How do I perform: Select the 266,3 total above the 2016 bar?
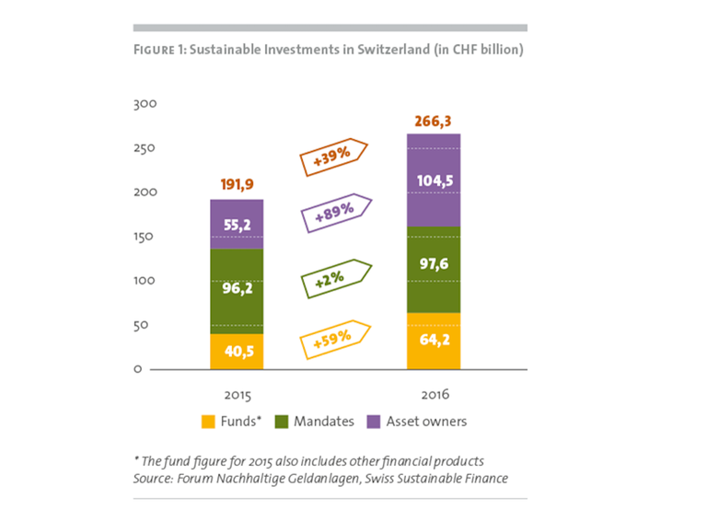(434, 121)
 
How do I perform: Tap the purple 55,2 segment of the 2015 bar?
(237, 224)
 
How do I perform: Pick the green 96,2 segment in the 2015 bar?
(237, 287)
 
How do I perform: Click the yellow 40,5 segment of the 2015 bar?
(237, 351)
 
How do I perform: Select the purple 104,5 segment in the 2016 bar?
(434, 180)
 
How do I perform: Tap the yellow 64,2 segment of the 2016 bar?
(434, 341)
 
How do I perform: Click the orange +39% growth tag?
(334, 157)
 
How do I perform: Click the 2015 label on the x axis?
(237, 394)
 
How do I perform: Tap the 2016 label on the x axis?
(434, 394)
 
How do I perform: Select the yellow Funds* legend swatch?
(208, 423)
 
